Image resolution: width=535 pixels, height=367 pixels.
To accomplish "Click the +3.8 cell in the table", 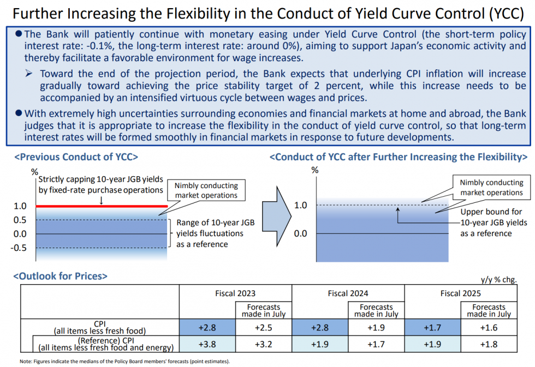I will click(x=207, y=344).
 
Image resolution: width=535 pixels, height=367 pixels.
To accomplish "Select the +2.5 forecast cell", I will click(x=264, y=327).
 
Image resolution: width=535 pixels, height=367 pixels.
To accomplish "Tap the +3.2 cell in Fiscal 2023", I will click(x=264, y=344).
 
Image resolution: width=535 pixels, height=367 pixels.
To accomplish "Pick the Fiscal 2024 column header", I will click(x=348, y=293).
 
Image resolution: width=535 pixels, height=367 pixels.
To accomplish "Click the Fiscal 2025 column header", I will click(x=461, y=293).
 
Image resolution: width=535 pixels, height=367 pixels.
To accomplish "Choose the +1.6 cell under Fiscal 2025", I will click(x=489, y=327).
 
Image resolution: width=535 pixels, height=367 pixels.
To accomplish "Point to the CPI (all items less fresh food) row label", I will click(x=100, y=327).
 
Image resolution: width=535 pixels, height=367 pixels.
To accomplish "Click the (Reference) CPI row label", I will click(x=100, y=344).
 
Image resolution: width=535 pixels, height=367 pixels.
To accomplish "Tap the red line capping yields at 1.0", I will click(x=101, y=206).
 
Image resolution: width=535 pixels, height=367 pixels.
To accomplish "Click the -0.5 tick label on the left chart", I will click(x=20, y=248).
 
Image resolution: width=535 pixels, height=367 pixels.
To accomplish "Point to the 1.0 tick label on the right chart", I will click(x=301, y=206).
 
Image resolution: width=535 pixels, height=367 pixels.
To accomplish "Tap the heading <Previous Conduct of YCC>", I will click(x=75, y=157).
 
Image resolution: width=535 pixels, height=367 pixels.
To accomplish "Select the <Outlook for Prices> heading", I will click(x=61, y=276).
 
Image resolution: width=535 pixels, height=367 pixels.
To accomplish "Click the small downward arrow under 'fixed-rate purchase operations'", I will click(x=101, y=199).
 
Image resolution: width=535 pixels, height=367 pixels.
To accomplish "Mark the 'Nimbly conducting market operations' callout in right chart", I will click(x=491, y=188).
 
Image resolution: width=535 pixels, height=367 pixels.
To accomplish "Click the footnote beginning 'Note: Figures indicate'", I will click(x=124, y=362).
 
